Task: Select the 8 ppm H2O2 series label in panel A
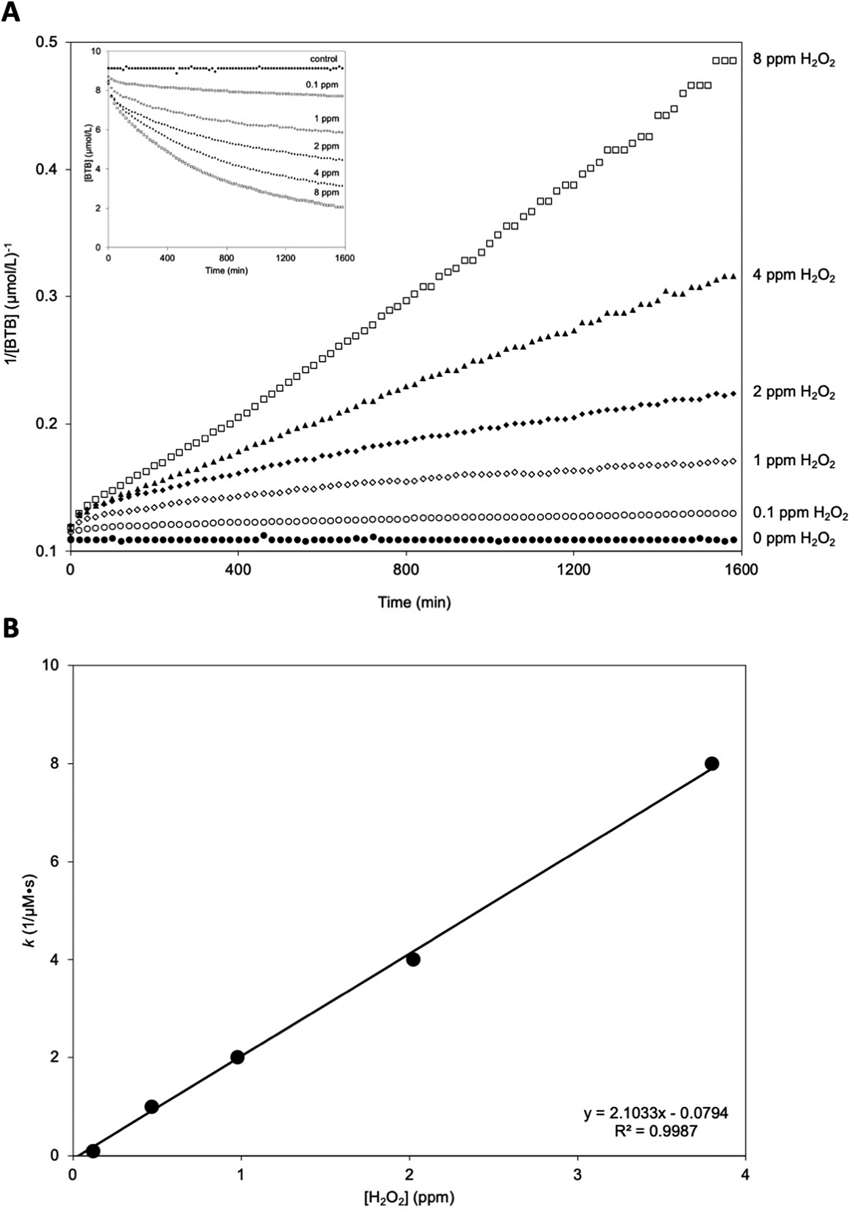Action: coord(793,61)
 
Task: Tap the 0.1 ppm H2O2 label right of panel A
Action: coord(799,514)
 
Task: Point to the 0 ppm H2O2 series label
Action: coord(793,539)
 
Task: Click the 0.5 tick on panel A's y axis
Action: coord(47,43)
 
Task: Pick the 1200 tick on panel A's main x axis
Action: coord(573,570)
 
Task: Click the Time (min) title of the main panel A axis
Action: coord(415,603)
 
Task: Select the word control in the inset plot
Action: coord(323,59)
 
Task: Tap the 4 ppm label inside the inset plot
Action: coord(326,173)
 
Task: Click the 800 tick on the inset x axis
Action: coord(226,258)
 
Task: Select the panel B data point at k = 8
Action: coord(712,764)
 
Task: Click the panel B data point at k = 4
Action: coord(413,959)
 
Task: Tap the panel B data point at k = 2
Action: coord(237,1057)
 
